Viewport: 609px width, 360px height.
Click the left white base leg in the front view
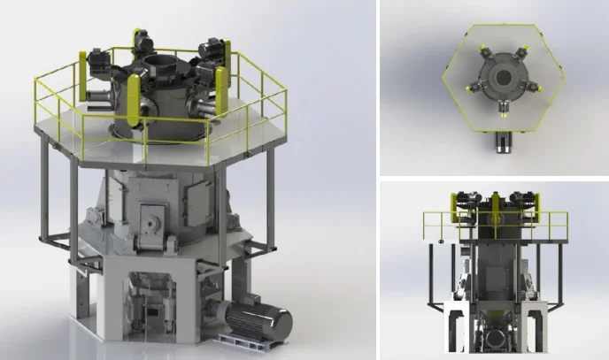[452, 327]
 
